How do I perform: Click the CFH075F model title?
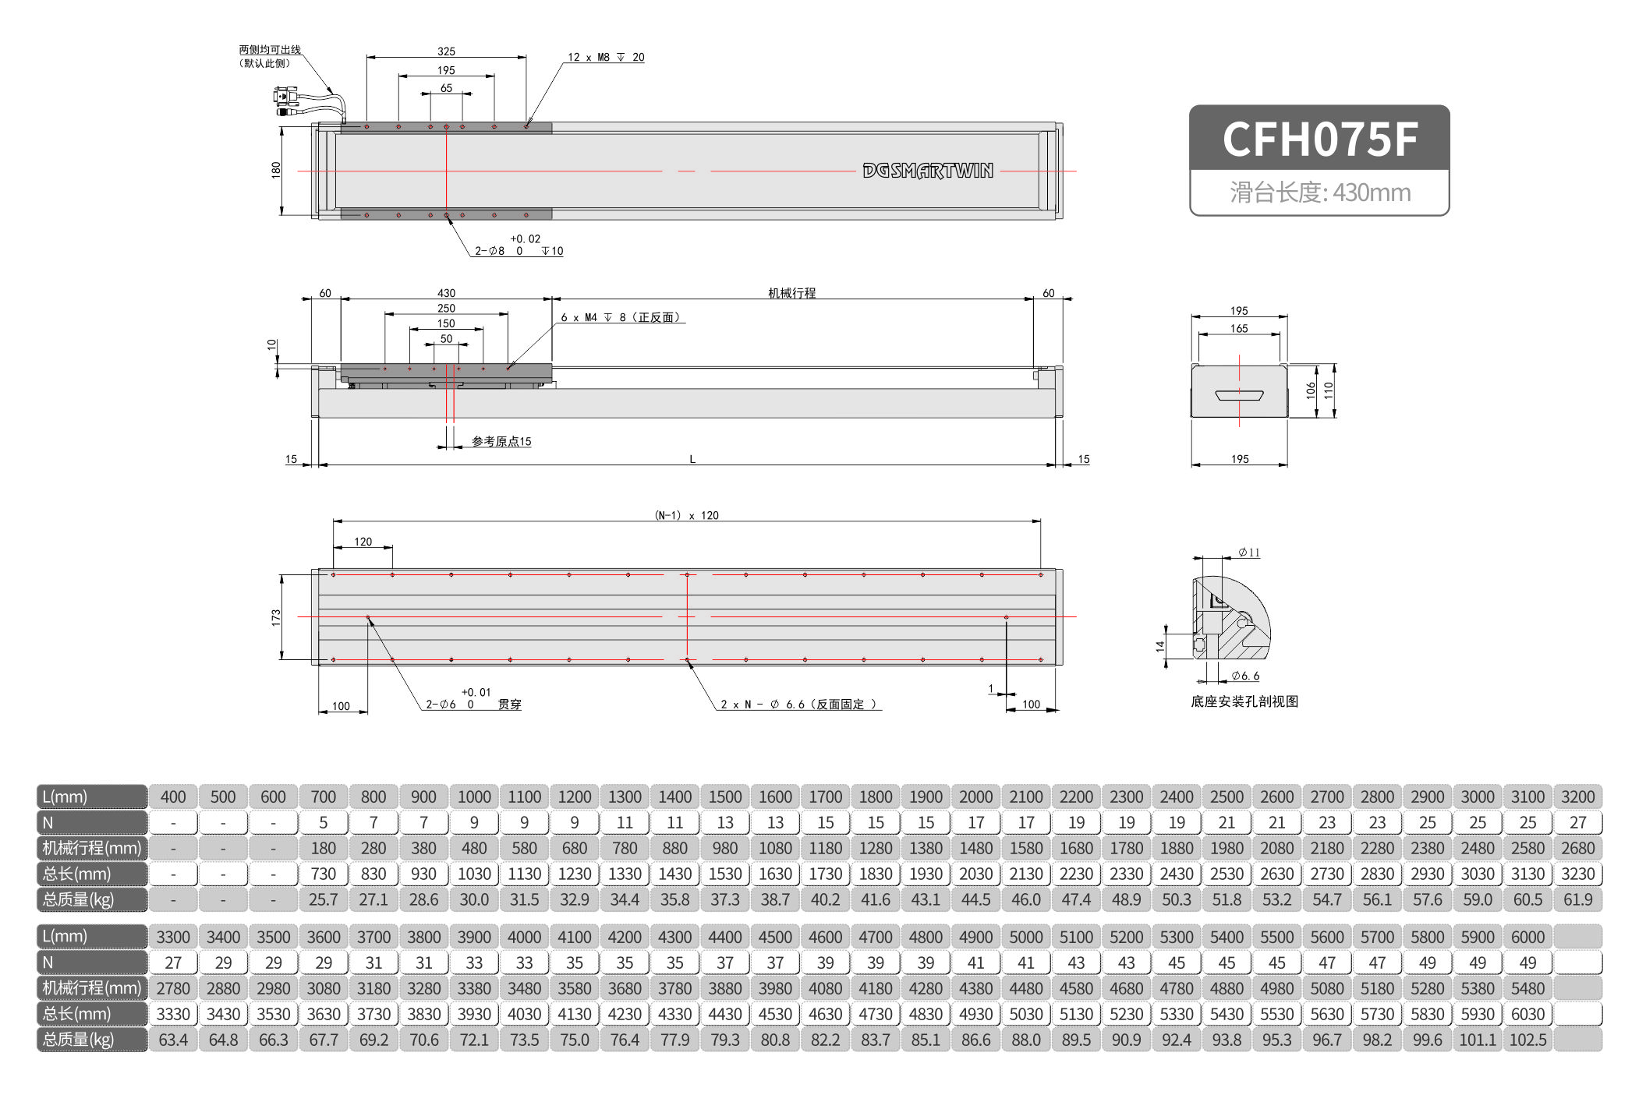click(x=1319, y=140)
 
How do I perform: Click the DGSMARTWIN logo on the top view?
click(x=927, y=171)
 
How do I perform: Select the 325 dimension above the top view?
click(x=446, y=51)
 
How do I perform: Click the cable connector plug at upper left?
click(x=285, y=97)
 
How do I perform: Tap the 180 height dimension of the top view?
click(x=276, y=169)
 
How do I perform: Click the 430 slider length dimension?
click(x=446, y=293)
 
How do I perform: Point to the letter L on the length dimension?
click(x=692, y=459)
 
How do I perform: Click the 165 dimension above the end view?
click(x=1239, y=329)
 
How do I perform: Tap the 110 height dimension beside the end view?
click(x=1329, y=390)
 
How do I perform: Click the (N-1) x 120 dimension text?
click(x=686, y=515)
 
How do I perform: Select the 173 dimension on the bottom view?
click(x=276, y=617)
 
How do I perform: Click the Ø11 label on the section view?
click(x=1250, y=553)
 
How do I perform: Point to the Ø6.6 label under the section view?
click(x=1246, y=676)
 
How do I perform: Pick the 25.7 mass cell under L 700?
click(x=323, y=899)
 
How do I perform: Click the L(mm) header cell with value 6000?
click(x=1527, y=937)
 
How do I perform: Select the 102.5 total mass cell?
click(x=1527, y=1040)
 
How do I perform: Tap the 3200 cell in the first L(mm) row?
click(x=1577, y=796)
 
